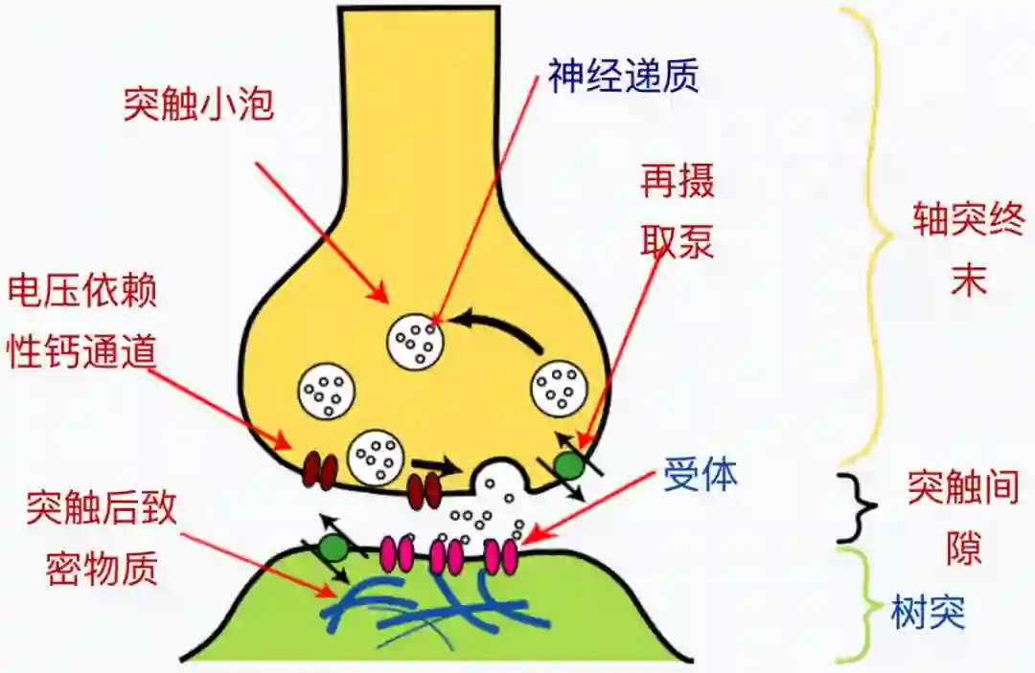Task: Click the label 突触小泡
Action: tap(198, 104)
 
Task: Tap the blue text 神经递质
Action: tap(623, 77)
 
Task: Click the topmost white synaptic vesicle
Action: tap(415, 341)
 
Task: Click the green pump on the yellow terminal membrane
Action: tap(570, 465)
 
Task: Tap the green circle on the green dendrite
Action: tap(333, 548)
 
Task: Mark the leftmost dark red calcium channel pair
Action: tap(320, 470)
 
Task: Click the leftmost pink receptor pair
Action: tap(397, 553)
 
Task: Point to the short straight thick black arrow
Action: tap(436, 466)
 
